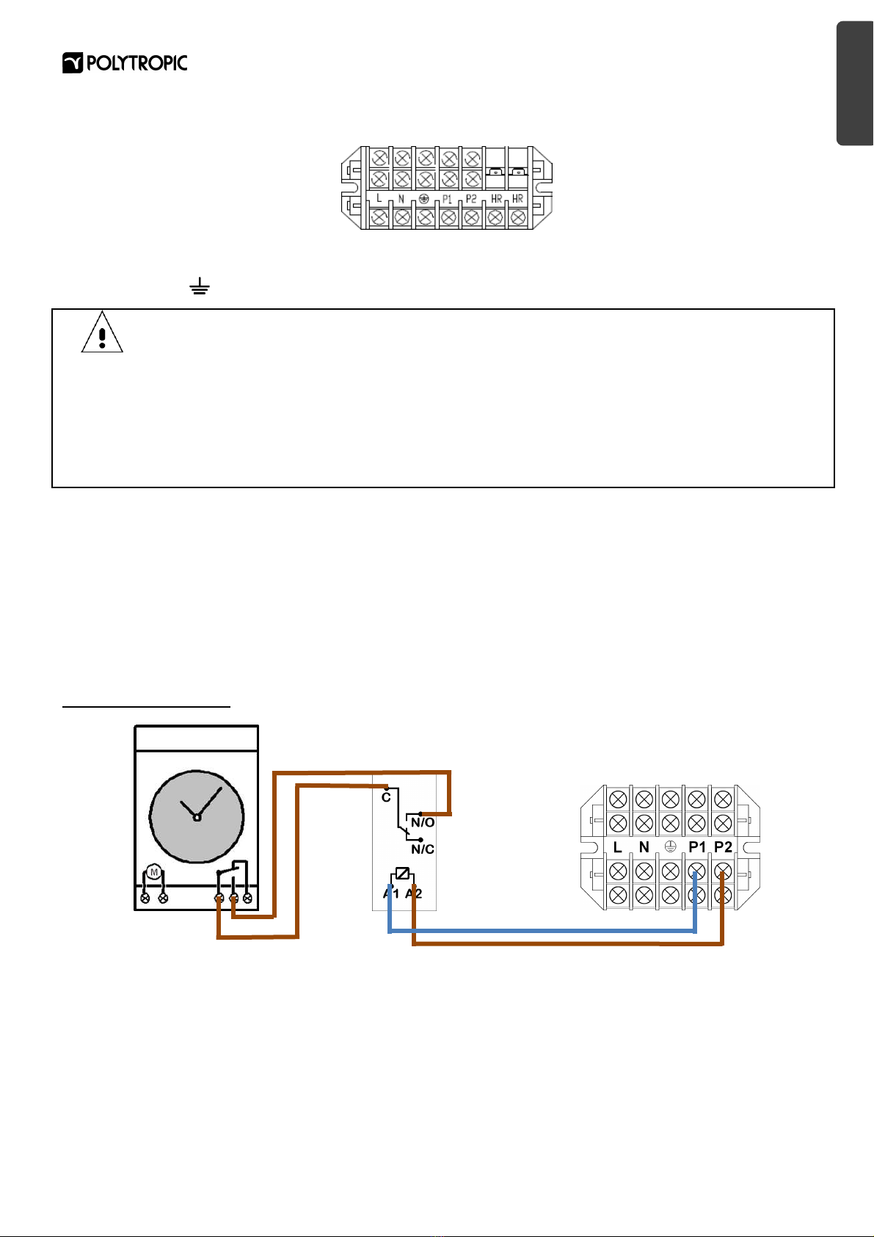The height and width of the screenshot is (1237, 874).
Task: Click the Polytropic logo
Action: point(125,63)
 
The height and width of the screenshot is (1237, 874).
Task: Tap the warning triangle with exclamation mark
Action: point(102,333)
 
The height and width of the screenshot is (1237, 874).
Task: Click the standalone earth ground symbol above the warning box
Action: point(200,286)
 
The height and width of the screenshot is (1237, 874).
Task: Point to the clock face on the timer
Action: point(197,816)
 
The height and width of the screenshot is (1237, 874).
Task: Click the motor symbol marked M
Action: point(154,873)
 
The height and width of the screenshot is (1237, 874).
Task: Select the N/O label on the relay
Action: point(423,823)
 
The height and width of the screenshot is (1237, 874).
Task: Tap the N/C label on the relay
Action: point(423,849)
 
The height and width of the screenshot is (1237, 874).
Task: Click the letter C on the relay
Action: point(386,797)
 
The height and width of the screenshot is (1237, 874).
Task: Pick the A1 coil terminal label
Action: point(391,893)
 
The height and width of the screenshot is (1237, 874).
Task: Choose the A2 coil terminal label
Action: point(414,893)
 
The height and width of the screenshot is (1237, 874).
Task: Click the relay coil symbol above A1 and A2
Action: point(402,874)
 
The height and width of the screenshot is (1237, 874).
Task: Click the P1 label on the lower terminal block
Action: point(696,847)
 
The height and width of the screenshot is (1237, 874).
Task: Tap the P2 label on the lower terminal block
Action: point(723,847)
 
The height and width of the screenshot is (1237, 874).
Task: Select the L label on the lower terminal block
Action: point(617,847)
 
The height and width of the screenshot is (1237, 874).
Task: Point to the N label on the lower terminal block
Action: point(644,847)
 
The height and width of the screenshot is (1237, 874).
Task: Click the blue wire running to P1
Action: point(543,932)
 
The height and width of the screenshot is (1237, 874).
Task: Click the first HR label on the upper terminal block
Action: point(496,199)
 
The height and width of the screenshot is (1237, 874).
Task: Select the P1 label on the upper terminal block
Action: point(447,199)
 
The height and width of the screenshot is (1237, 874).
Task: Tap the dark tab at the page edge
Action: point(855,84)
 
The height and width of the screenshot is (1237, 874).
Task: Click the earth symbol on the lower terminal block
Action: point(670,846)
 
